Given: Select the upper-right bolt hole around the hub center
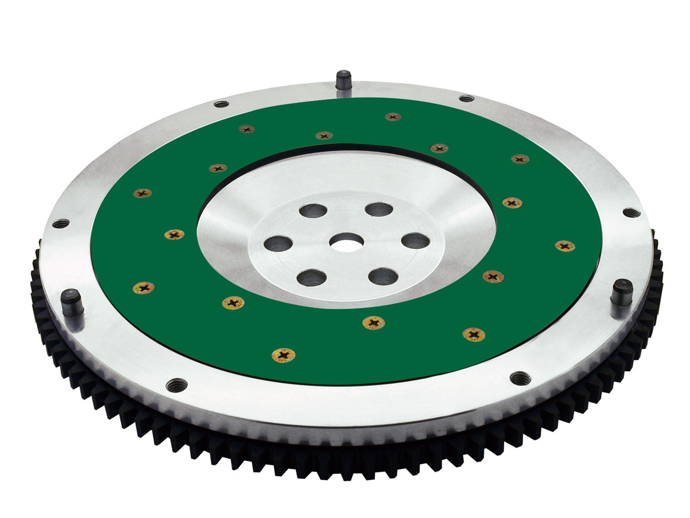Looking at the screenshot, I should [377, 209].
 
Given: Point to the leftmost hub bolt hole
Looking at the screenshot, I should [276, 241].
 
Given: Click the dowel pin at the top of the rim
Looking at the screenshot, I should [343, 78].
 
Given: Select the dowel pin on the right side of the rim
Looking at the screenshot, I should [623, 288].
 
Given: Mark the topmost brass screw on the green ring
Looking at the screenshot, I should [393, 117].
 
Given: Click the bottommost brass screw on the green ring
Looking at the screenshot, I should [283, 355].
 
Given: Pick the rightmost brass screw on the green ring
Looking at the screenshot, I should [565, 246].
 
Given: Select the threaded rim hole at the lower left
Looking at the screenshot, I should [175, 384].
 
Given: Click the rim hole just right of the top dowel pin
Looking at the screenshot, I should [464, 98].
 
